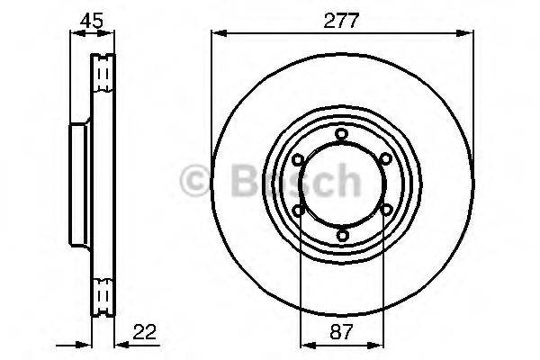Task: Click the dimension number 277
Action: [341, 21]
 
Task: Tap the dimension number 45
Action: [92, 21]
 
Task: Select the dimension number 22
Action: [144, 332]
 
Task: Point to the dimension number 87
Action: [342, 332]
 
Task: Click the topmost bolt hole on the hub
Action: [342, 134]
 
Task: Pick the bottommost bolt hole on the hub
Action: [342, 235]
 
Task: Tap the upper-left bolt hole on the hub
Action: [298, 159]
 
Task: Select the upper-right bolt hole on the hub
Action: [386, 158]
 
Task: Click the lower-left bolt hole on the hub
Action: [298, 210]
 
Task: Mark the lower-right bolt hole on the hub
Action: [386, 209]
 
